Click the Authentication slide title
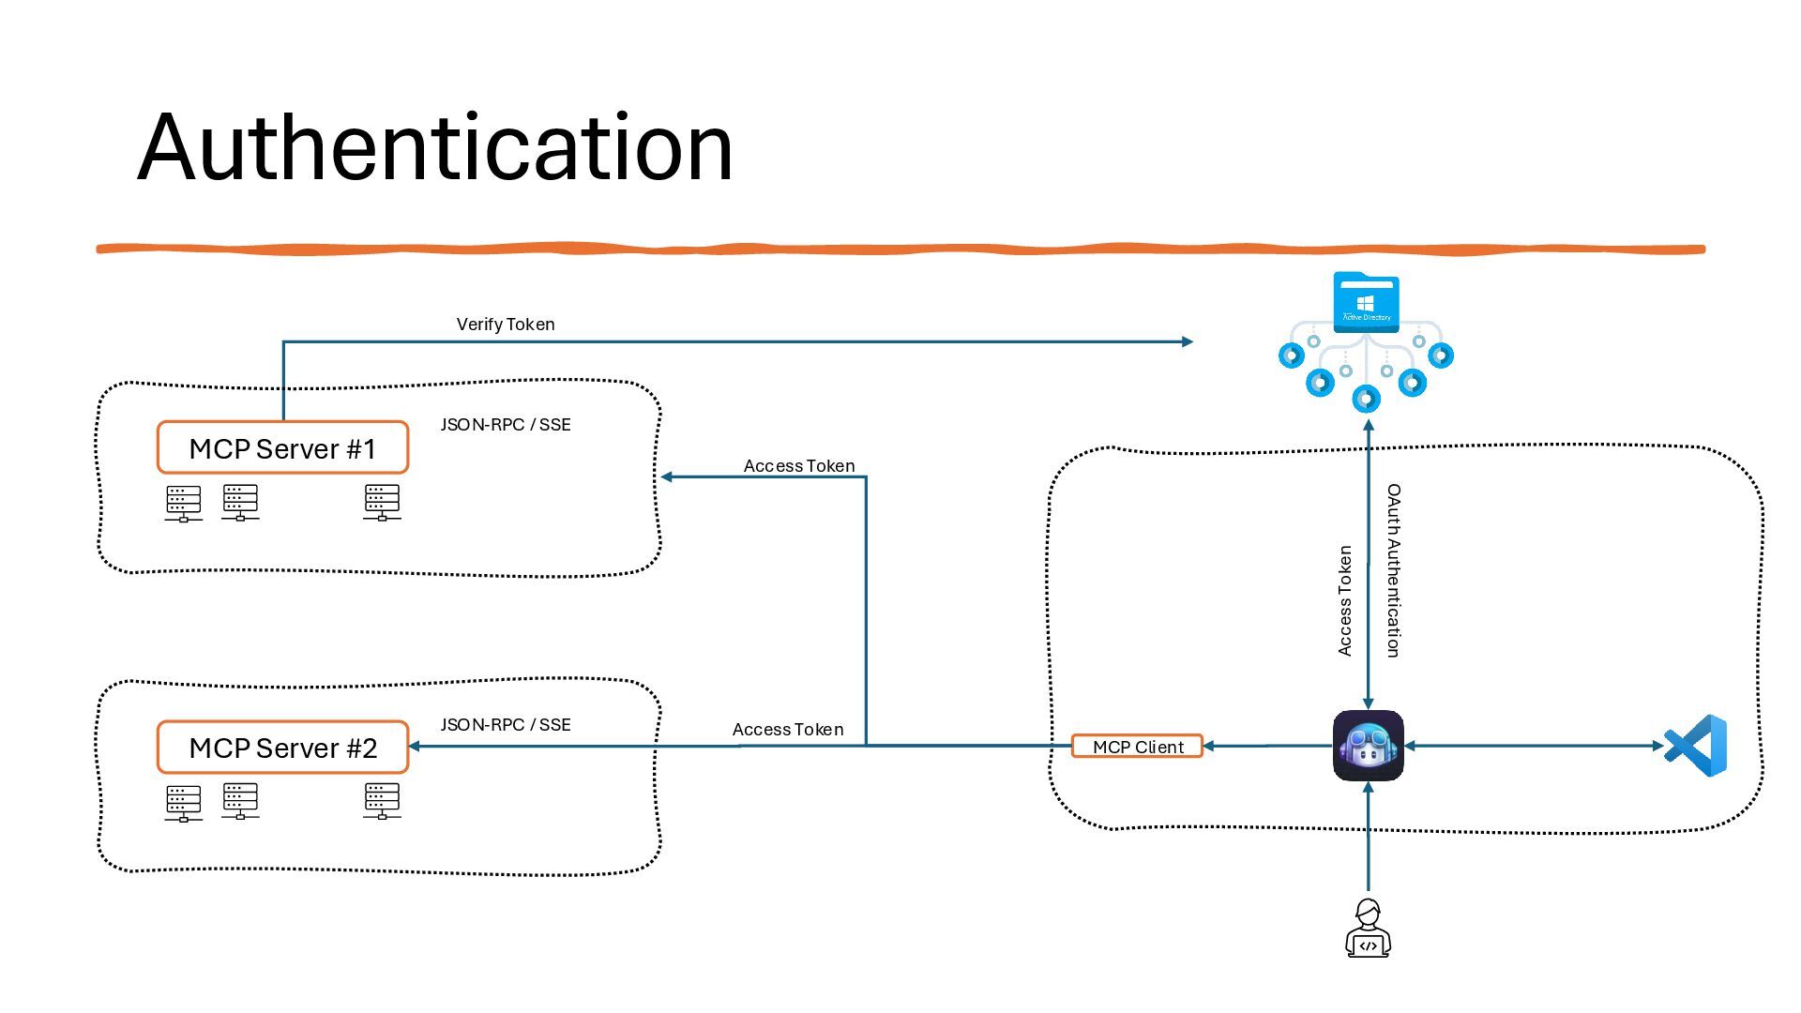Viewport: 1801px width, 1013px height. click(434, 147)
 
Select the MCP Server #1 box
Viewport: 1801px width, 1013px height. click(282, 447)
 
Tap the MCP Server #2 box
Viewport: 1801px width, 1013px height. click(282, 748)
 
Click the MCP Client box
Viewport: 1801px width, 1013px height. click(1137, 747)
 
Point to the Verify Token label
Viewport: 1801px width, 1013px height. click(506, 325)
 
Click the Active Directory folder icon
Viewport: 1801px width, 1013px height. click(1366, 303)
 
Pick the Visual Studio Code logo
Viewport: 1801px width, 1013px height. click(1696, 746)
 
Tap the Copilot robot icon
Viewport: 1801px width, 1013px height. click(1368, 746)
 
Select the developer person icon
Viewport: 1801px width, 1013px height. click(1368, 929)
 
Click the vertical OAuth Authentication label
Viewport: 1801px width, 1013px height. click(1394, 570)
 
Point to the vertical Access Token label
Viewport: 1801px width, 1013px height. click(1345, 600)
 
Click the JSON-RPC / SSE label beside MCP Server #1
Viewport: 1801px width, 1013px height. click(506, 425)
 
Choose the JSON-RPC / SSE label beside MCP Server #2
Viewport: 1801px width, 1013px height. click(506, 725)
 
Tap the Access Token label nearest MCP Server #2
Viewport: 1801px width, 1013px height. click(788, 730)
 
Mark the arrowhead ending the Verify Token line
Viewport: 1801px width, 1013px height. click(1188, 341)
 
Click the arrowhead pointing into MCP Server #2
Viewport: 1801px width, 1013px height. click(415, 747)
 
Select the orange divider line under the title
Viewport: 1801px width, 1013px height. click(900, 249)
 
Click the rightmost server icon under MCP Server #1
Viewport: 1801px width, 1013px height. click(382, 502)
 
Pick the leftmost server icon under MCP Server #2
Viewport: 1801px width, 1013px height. click(183, 803)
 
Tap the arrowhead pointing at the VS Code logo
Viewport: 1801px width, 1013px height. click(1657, 746)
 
